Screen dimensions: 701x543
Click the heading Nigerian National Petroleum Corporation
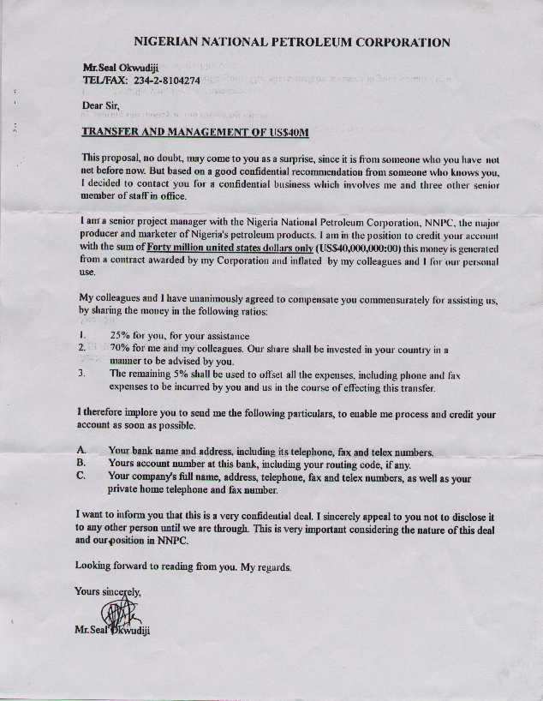tap(292, 42)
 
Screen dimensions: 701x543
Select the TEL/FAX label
tap(103, 80)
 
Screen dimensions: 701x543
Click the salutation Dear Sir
tap(99, 106)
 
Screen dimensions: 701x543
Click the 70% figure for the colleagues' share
tap(119, 349)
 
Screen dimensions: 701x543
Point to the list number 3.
tap(81, 374)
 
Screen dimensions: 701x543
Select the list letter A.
tap(81, 451)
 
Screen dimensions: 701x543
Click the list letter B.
tap(81, 463)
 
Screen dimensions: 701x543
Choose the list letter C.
tap(81, 476)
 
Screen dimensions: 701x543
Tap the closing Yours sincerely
tap(109, 591)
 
